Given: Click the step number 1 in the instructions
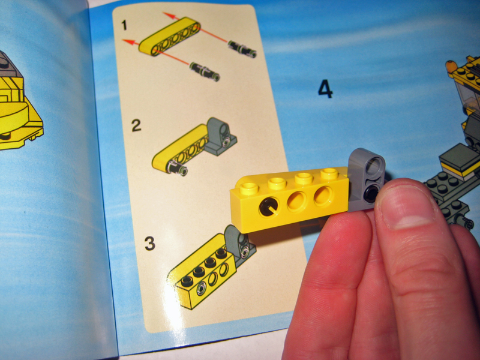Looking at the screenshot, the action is click(x=124, y=25).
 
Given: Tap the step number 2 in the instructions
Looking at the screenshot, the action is click(x=136, y=125).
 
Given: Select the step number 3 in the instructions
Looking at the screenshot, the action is click(x=150, y=244).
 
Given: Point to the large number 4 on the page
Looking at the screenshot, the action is click(x=325, y=89).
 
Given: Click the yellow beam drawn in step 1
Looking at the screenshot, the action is click(x=170, y=37).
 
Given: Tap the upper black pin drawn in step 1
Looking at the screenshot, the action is click(x=242, y=49).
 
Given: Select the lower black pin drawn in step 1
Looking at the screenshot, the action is click(x=205, y=71).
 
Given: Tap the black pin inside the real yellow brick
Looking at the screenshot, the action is click(x=269, y=207).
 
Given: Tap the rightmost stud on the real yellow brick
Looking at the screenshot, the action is click(x=329, y=173).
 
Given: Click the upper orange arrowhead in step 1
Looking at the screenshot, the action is click(x=168, y=14).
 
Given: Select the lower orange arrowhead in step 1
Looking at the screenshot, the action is click(x=128, y=42).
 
